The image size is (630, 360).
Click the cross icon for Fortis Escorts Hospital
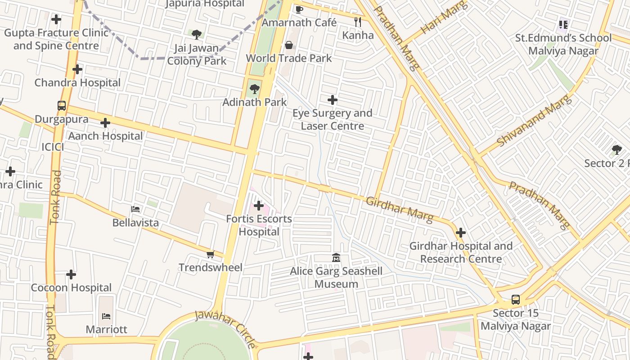[x=258, y=206]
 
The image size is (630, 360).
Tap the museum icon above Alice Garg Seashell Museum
[x=336, y=258]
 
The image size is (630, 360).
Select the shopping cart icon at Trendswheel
[x=210, y=255]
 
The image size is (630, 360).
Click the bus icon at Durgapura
[x=62, y=106]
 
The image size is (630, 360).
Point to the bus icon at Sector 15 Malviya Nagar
[x=516, y=300]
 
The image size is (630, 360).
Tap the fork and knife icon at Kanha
[x=358, y=22]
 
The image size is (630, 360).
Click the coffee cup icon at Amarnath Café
[x=299, y=9]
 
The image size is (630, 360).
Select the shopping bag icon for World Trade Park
[x=289, y=45]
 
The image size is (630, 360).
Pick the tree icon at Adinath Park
[x=254, y=89]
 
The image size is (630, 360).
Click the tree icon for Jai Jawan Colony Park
[x=196, y=34]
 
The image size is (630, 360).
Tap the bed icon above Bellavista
[x=135, y=209]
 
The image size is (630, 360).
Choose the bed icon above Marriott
[x=106, y=316]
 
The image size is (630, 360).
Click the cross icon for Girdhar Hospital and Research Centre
[x=460, y=233]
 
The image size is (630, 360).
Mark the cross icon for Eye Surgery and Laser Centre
[x=332, y=100]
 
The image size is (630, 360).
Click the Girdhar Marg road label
[x=399, y=210]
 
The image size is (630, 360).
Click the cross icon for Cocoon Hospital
[x=71, y=274]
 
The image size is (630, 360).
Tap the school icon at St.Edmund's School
[x=563, y=25]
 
